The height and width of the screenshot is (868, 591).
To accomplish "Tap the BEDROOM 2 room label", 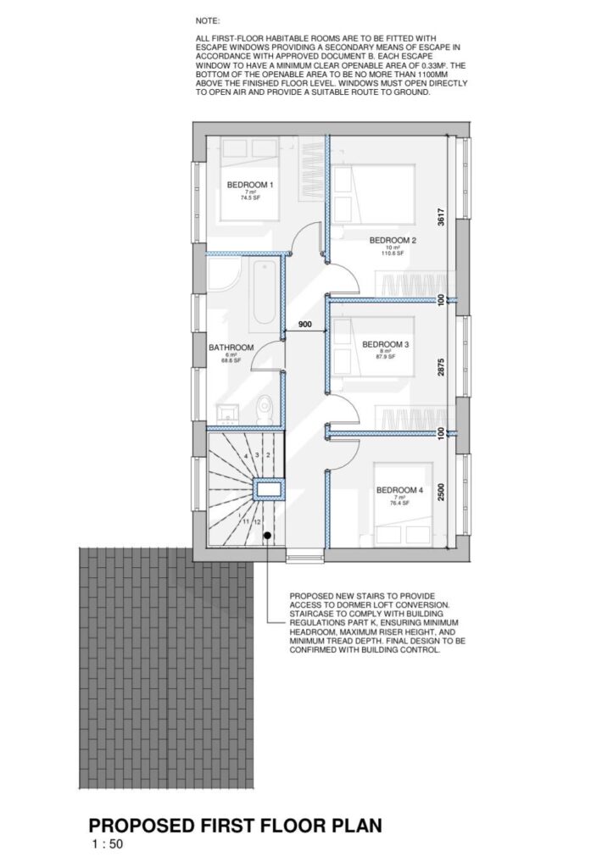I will pyautogui.click(x=393, y=240).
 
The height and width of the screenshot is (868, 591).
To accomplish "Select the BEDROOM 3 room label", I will pyautogui.click(x=386, y=344).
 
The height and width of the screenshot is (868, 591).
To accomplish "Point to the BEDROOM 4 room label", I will pyautogui.click(x=399, y=490).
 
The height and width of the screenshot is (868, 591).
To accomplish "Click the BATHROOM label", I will pyautogui.click(x=231, y=348).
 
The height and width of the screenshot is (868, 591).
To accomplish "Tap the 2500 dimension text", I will pyautogui.click(x=440, y=492).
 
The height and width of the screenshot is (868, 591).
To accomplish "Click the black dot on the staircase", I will pyautogui.click(x=267, y=535).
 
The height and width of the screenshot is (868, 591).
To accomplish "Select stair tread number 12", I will pyautogui.click(x=257, y=522).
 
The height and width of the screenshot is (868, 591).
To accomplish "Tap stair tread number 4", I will pyautogui.click(x=246, y=457).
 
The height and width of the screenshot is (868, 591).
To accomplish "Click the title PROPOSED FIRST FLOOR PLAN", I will pyautogui.click(x=236, y=825).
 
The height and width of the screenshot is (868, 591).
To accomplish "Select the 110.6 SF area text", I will pyautogui.click(x=393, y=253).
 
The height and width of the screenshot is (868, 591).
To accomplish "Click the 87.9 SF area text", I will pyautogui.click(x=386, y=357).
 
